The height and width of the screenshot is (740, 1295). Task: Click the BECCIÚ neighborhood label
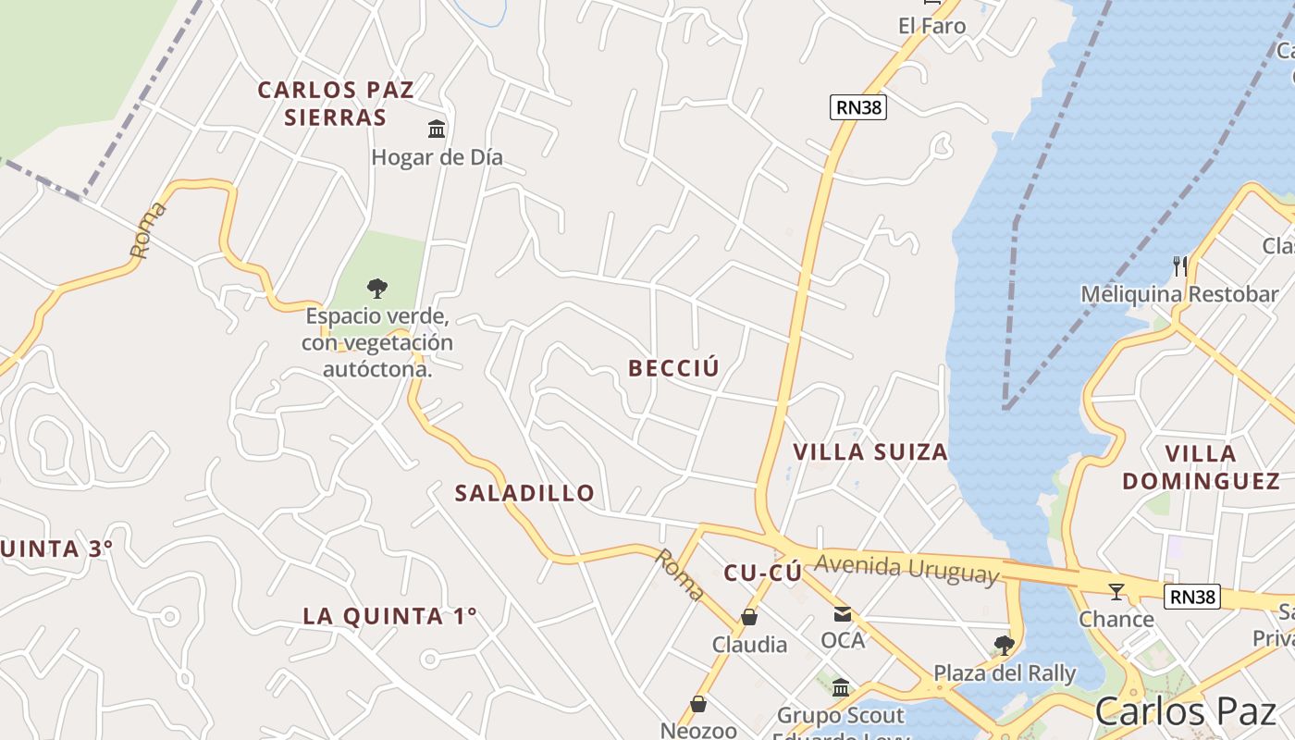click(x=673, y=368)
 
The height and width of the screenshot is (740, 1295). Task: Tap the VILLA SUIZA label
click(x=870, y=452)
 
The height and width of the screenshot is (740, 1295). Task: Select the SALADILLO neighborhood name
click(x=524, y=493)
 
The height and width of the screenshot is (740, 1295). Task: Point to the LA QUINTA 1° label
click(x=389, y=616)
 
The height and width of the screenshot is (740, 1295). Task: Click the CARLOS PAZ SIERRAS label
click(x=336, y=104)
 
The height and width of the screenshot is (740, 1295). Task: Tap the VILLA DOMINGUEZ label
click(x=1201, y=467)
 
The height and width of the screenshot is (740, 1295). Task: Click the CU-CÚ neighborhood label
click(x=762, y=573)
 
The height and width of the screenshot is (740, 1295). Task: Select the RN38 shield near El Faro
click(x=858, y=107)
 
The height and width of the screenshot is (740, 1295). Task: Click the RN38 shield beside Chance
click(x=1192, y=597)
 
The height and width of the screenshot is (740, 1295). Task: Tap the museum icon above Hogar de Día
click(x=437, y=129)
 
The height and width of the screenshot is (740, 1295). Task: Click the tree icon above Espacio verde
click(x=376, y=288)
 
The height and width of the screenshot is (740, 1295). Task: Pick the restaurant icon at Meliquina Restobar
click(x=1179, y=266)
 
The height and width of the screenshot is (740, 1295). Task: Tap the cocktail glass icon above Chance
click(x=1116, y=592)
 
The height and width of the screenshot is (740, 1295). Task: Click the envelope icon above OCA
click(x=842, y=613)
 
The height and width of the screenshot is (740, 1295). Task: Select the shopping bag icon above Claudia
click(x=749, y=617)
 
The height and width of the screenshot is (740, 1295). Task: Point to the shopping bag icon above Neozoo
click(x=698, y=705)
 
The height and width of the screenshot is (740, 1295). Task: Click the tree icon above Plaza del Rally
click(x=1004, y=645)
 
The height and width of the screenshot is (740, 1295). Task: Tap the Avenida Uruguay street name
click(x=907, y=568)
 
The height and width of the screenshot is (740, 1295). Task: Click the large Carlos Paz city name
click(x=1185, y=711)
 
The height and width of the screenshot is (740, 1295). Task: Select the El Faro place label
click(x=931, y=26)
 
